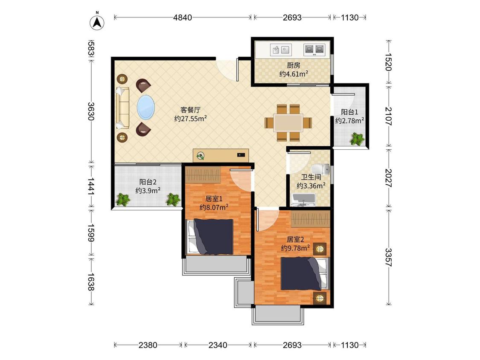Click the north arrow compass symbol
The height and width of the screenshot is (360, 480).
(97, 22)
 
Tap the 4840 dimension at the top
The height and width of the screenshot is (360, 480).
(183, 17)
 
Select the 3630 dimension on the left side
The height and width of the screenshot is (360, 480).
(90, 111)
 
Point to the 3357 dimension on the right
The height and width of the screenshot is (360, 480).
(388, 257)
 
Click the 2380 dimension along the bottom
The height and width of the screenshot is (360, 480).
(148, 345)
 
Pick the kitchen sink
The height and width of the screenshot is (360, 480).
(281, 49)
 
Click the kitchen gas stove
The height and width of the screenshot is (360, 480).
(314, 49)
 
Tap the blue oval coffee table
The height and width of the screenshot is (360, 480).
(146, 107)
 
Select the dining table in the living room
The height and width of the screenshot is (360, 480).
(288, 123)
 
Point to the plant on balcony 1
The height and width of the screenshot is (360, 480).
(357, 139)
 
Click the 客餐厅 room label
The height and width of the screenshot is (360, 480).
(190, 110)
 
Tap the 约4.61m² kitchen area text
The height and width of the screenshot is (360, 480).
(294, 74)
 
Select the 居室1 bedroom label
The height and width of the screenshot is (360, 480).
(214, 199)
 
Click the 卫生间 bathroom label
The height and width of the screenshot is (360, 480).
(311, 177)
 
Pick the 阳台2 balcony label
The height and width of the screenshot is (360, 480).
(148, 182)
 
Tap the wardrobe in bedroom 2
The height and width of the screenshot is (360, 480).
(311, 219)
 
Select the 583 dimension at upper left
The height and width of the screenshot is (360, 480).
(90, 48)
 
